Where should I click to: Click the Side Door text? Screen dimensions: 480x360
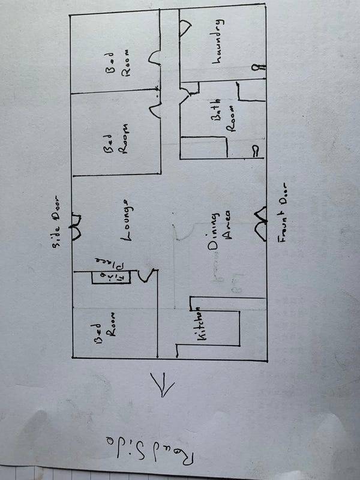coord(59,221)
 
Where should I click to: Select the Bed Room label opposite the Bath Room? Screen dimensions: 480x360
coord(118,140)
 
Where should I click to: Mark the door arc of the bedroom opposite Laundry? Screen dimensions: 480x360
coord(154,59)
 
